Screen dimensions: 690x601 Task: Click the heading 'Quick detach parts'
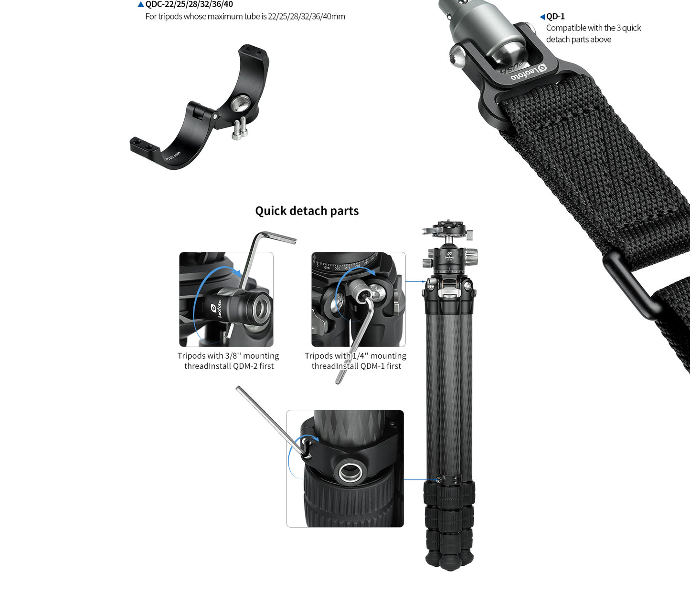[x=307, y=211]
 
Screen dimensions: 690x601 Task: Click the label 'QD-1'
[x=555, y=16]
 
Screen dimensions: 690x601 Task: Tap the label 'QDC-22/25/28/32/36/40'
[x=189, y=4]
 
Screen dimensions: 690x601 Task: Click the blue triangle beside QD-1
[x=542, y=17]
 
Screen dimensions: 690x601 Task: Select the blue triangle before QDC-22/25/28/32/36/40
[x=141, y=4]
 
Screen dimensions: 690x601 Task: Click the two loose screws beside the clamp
[x=239, y=128]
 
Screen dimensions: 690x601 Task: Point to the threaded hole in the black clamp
[x=241, y=103]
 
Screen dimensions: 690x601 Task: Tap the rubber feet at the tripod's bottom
[x=449, y=560]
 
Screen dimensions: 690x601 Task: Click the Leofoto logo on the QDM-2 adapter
[x=216, y=308]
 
